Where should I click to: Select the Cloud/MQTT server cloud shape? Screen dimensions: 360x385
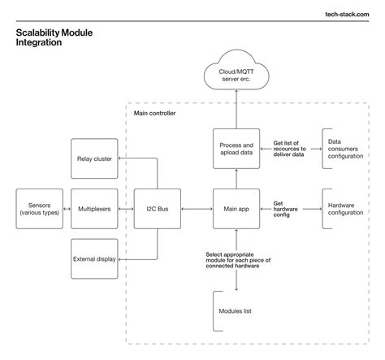click(236, 75)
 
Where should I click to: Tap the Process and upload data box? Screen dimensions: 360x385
click(236, 149)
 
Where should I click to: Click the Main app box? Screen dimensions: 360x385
click(236, 209)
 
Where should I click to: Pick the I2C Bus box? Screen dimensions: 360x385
click(157, 209)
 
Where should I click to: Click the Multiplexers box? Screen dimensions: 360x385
click(94, 209)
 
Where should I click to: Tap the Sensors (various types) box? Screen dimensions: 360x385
click(38, 209)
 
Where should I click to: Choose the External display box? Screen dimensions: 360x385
click(94, 260)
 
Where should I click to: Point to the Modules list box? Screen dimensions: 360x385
click(236, 311)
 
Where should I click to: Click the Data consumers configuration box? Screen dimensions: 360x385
click(345, 149)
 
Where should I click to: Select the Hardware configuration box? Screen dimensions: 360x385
click(345, 209)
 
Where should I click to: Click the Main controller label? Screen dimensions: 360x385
click(154, 113)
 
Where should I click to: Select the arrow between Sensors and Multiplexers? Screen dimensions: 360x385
click(66, 209)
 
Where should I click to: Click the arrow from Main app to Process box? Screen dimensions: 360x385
click(236, 179)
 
